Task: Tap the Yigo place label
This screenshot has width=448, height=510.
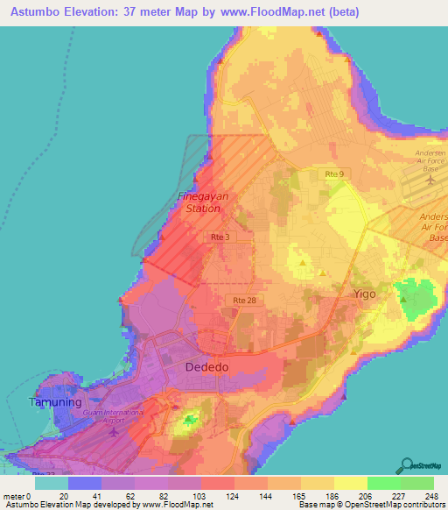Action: coord(364,294)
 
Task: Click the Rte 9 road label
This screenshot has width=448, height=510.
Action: coord(334,175)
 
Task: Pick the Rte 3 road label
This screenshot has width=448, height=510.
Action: coord(220,237)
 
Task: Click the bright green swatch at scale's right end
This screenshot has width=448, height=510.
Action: coord(416,483)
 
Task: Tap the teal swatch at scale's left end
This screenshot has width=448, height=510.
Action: coord(51,483)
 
